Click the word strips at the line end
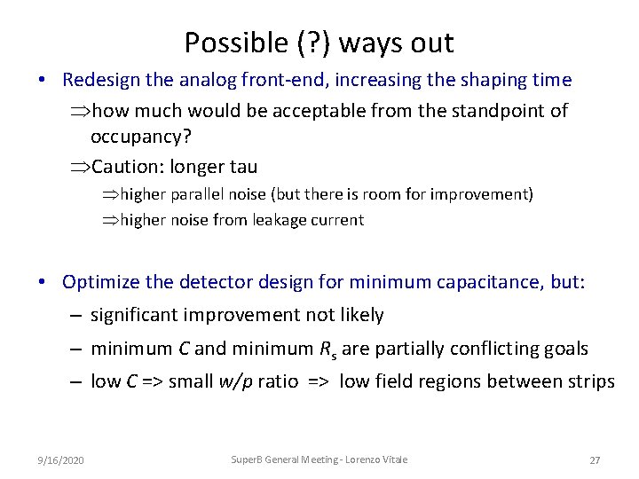pyautogui.click(x=591, y=381)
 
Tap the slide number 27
pyautogui.click(x=595, y=459)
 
